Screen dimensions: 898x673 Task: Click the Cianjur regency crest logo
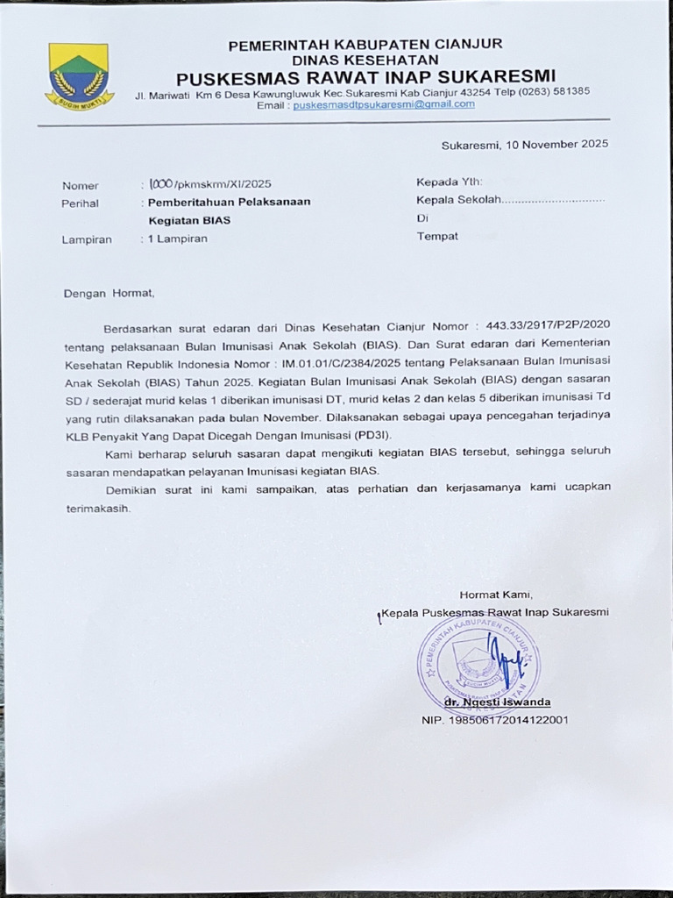coord(80,75)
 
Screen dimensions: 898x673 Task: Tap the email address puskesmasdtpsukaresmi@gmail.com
coord(384,103)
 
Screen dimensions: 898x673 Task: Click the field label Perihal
coord(81,203)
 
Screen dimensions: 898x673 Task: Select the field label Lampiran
coord(87,239)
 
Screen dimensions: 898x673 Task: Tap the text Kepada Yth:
coord(449,182)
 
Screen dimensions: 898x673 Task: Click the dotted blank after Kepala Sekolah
coord(555,200)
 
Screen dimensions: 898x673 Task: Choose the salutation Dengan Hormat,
coord(109,293)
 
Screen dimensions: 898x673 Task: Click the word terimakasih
coord(96,509)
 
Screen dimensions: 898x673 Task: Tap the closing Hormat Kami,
coord(496,594)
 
